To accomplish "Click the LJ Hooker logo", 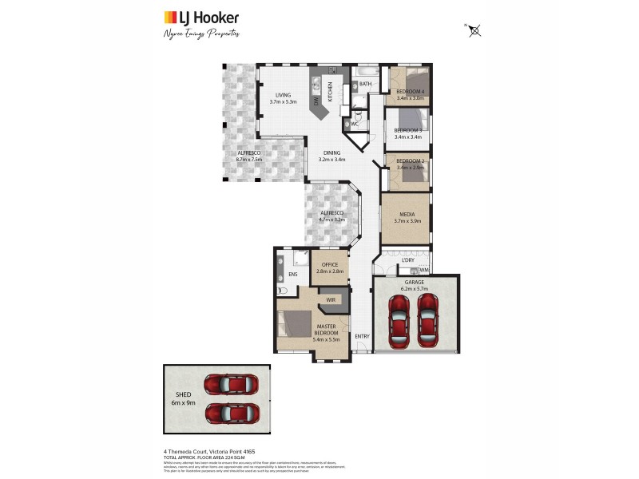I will [200, 18].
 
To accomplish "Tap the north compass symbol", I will [474, 30].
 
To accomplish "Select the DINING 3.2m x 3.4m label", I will [332, 156].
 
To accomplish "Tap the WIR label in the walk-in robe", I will [331, 299].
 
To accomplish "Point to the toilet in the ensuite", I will [281, 293].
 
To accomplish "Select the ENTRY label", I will [362, 336].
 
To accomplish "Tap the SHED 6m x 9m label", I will [185, 398].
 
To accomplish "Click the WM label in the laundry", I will [423, 270].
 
